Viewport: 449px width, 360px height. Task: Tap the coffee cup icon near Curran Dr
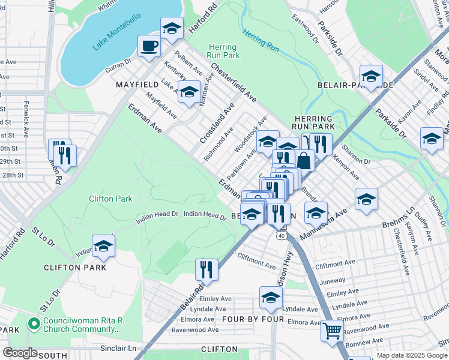[149, 46]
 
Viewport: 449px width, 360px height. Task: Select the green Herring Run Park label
[223, 51]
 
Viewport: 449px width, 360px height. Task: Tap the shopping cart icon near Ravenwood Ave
[332, 330]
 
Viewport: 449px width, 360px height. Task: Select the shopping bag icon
[305, 160]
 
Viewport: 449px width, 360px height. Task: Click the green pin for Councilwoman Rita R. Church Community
[34, 325]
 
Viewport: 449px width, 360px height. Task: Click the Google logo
[20, 353]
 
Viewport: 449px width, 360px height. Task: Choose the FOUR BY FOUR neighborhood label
[253, 319]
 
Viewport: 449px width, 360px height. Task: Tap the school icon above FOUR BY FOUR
[271, 297]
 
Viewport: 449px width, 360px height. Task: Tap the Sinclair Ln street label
[118, 348]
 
